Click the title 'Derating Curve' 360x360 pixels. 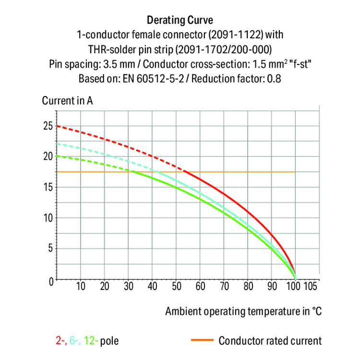pyautogui.click(x=180, y=20)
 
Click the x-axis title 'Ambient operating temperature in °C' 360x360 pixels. pyautogui.click(x=243, y=311)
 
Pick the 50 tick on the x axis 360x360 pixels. pyautogui.click(x=176, y=287)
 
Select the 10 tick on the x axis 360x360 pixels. pyautogui.click(x=81, y=287)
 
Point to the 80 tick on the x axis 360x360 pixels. pyautogui.click(x=248, y=287)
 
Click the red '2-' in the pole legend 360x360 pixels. pyautogui.click(x=60, y=341)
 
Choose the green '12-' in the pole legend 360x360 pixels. pyautogui.click(x=91, y=341)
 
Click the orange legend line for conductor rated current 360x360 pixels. pyautogui.click(x=201, y=341)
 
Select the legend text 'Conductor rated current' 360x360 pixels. pyautogui.click(x=270, y=341)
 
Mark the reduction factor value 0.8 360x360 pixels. pyautogui.click(x=274, y=78)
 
